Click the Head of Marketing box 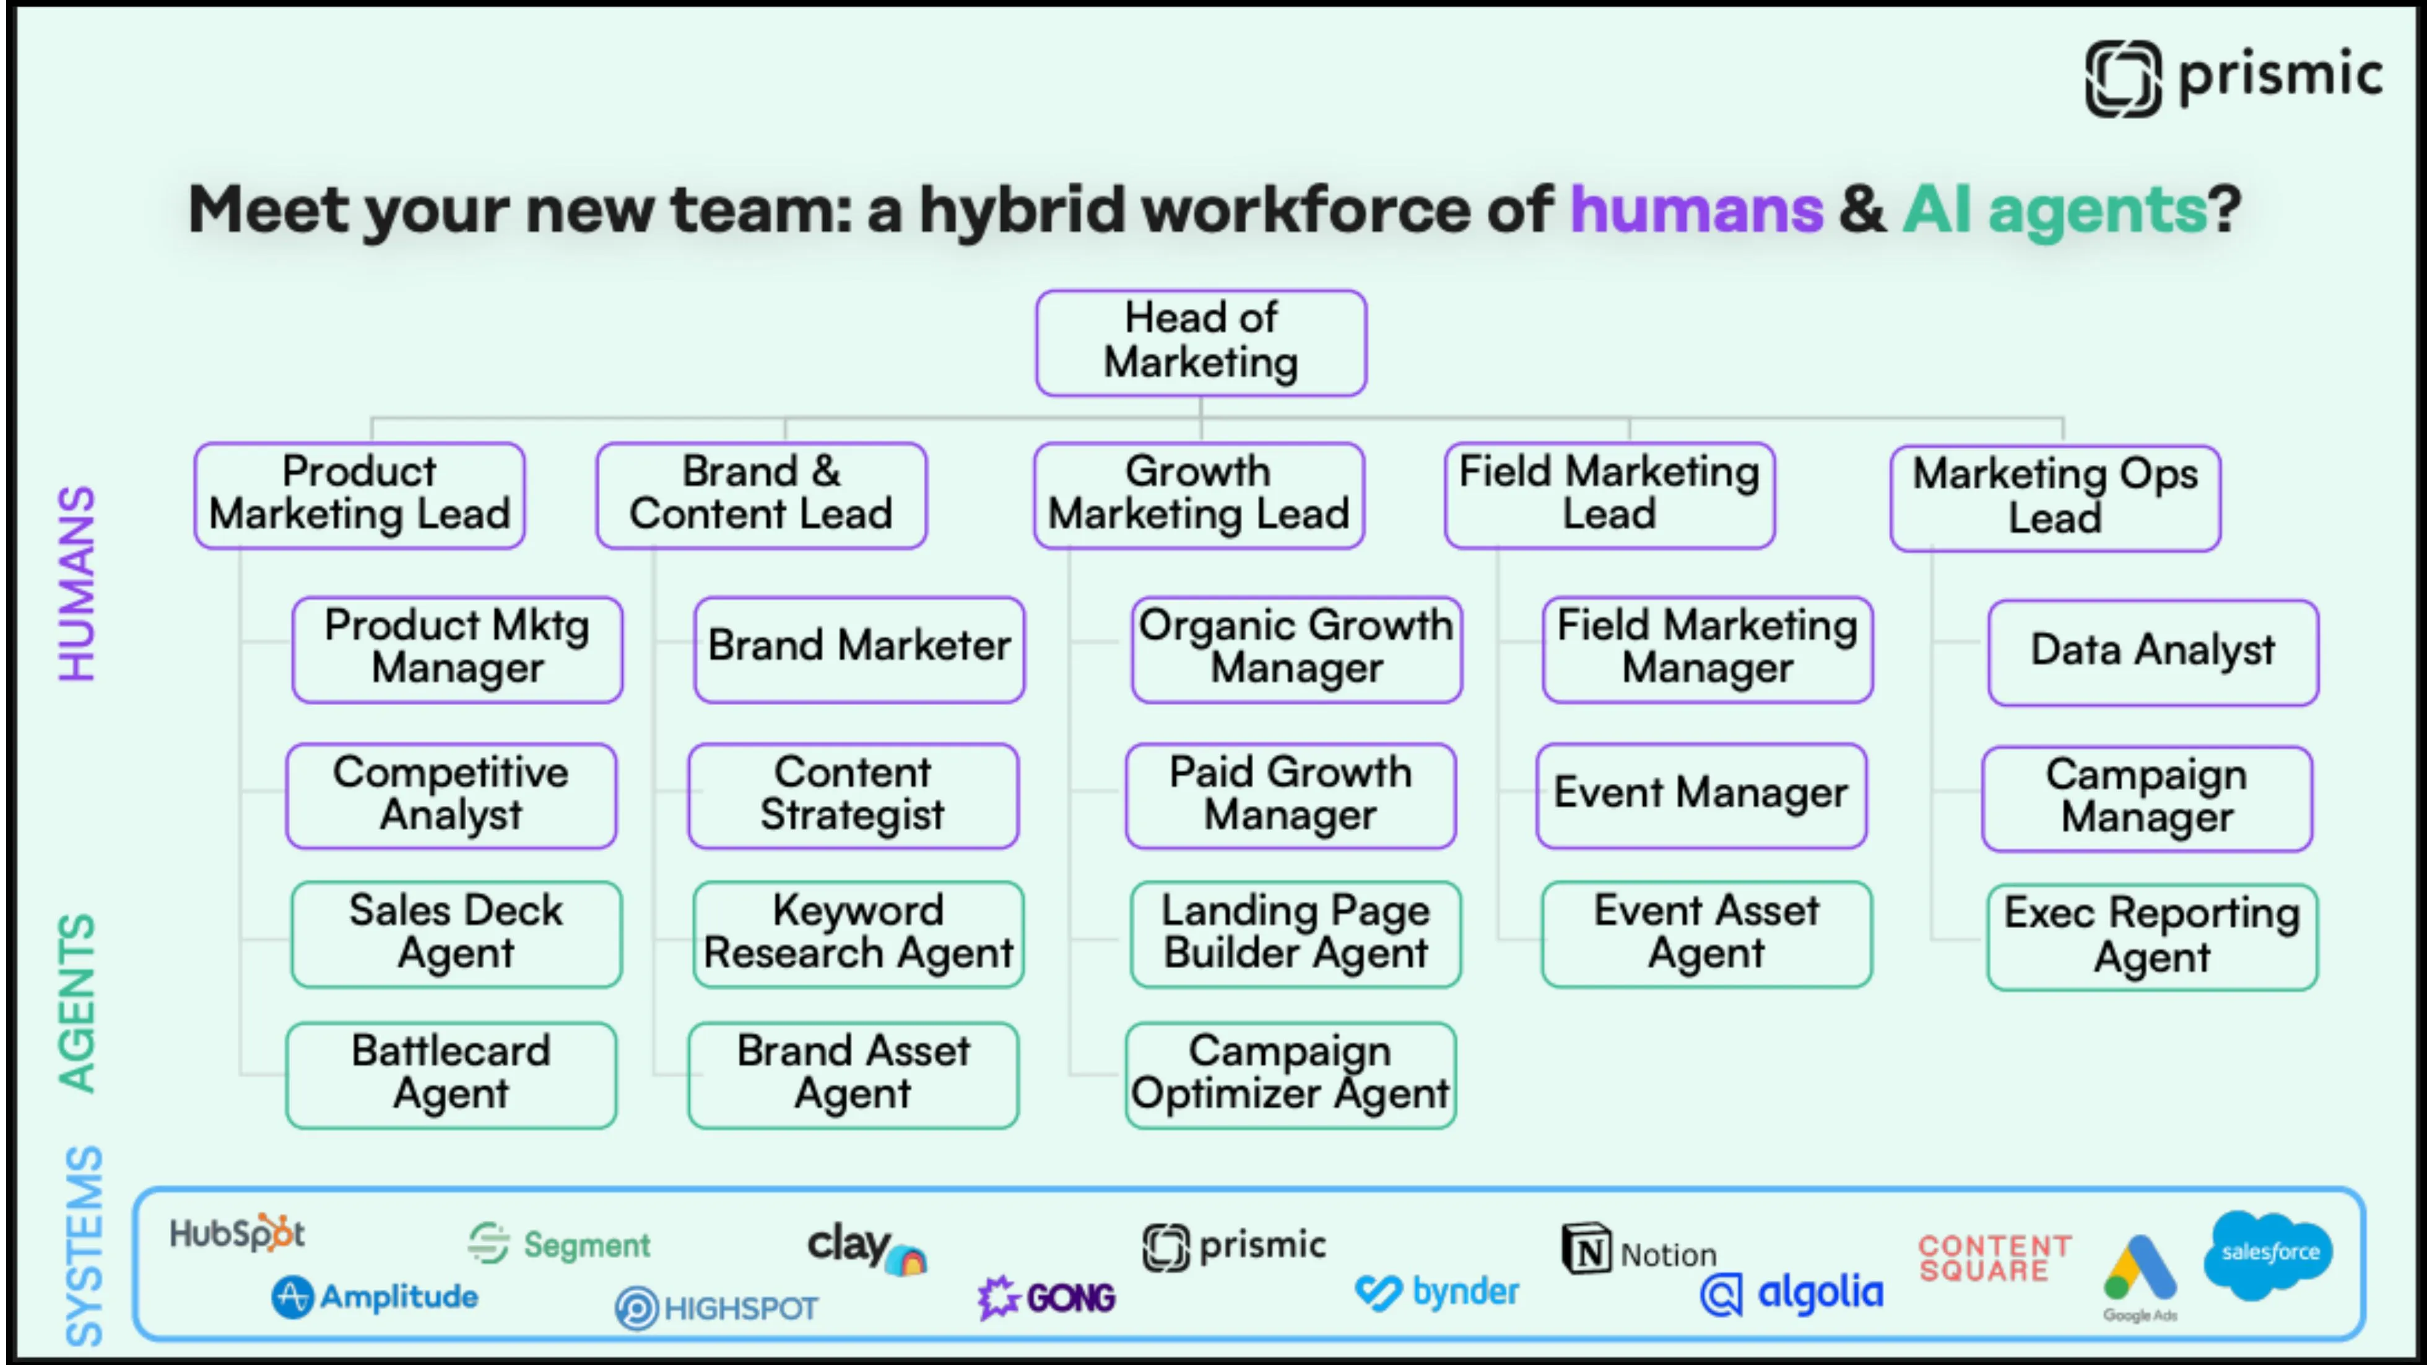(x=1200, y=342)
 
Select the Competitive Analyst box (x=451, y=795)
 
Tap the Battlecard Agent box (x=451, y=1075)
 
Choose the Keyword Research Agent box (x=858, y=934)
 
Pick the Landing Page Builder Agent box (x=1295, y=934)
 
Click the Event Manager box (x=1701, y=795)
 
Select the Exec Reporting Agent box (x=2152, y=937)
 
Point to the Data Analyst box (x=2153, y=651)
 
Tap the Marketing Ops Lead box (x=2055, y=497)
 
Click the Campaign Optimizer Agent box (x=1290, y=1075)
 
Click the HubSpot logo (x=237, y=1233)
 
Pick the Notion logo (x=1639, y=1251)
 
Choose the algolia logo (x=1792, y=1294)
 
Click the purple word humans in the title (x=1696, y=209)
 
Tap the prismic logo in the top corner (x=2233, y=77)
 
